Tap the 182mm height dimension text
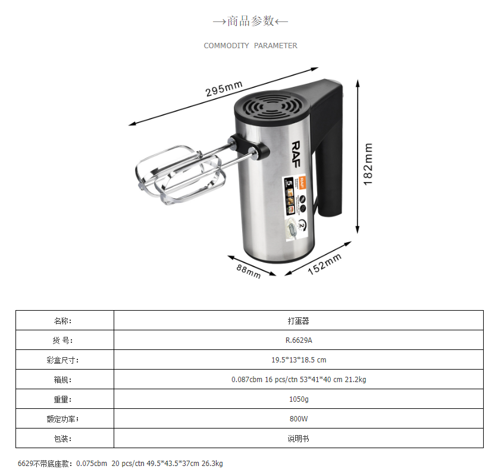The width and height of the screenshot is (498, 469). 368,164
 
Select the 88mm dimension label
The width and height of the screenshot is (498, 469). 249,271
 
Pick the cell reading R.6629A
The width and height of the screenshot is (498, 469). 298,340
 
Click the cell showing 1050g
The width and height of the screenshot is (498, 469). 298,399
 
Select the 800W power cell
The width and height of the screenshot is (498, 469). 298,418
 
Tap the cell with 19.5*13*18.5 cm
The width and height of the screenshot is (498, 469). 298,360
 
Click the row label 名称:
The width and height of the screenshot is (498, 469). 62,321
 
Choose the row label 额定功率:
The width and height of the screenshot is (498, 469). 62,418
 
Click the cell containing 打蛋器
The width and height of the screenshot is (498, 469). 298,321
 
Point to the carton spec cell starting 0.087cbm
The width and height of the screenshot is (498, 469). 298,380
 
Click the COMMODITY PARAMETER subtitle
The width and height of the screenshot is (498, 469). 250,46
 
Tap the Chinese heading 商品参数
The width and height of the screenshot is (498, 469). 250,21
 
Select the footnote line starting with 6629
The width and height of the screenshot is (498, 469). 120,463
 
